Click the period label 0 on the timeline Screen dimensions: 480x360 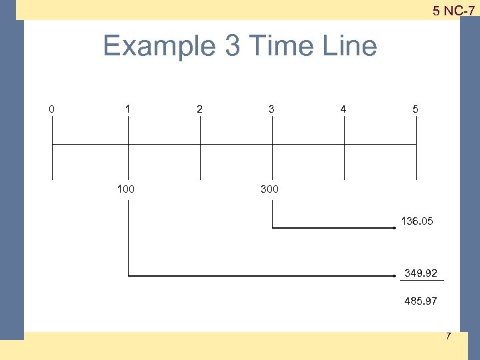[x=52, y=109]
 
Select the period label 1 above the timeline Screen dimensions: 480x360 [x=127, y=109]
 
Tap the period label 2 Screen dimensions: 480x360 [x=199, y=109]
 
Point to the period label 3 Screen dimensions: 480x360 [x=271, y=109]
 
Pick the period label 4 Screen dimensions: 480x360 [x=343, y=109]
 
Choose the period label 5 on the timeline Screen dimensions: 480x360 [x=415, y=109]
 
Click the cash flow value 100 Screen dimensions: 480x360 [x=125, y=189]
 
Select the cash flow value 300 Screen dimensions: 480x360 [x=269, y=189]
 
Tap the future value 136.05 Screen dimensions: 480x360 [x=417, y=221]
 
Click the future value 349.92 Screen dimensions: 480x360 [x=421, y=273]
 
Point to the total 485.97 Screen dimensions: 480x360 [x=421, y=301]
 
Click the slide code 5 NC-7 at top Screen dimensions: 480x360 [x=453, y=11]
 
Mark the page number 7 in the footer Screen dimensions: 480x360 [x=448, y=336]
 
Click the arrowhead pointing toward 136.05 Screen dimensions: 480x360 [x=395, y=228]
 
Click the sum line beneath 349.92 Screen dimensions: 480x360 [x=423, y=281]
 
